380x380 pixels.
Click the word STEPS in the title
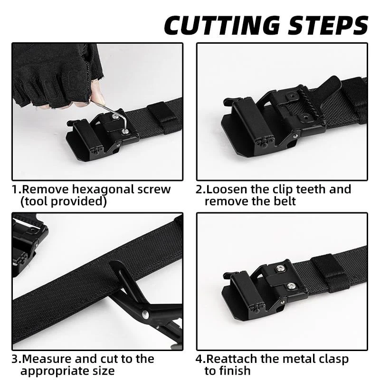[327, 25]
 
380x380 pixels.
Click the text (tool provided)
[63, 201]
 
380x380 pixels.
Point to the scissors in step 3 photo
[142, 304]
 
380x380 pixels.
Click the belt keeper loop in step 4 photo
[328, 269]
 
